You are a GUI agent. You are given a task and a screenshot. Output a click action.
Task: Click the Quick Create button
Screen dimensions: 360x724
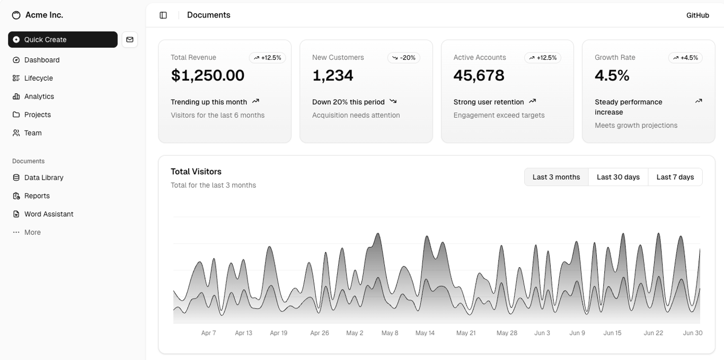(x=63, y=40)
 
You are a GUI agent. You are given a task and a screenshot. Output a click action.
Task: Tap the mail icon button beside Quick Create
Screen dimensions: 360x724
(x=130, y=40)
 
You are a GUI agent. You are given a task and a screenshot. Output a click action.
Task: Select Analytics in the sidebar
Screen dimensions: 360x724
(x=39, y=96)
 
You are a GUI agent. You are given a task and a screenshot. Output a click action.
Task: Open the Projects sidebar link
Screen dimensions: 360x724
(x=37, y=115)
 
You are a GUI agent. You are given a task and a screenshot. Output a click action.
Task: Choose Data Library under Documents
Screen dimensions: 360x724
(x=43, y=178)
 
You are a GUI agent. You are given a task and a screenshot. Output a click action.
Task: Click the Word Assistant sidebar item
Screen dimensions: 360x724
(x=48, y=214)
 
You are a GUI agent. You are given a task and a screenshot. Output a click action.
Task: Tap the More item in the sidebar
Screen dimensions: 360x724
(x=32, y=232)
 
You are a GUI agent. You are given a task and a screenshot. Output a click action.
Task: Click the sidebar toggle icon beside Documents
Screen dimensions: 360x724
(x=163, y=15)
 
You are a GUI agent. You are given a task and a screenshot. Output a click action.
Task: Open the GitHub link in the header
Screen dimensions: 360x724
(x=697, y=15)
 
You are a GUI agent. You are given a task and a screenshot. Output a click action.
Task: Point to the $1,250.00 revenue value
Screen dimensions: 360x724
(x=208, y=75)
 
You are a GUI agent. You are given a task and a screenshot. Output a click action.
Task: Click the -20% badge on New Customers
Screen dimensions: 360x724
(x=404, y=58)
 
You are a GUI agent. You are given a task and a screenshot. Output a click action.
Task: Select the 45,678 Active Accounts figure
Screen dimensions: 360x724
(x=479, y=75)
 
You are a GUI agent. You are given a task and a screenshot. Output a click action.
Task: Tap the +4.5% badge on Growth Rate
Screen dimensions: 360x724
(x=685, y=58)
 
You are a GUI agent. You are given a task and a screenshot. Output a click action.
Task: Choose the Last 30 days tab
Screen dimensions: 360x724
(x=618, y=177)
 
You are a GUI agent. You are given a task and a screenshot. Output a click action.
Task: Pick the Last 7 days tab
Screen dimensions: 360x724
(x=675, y=177)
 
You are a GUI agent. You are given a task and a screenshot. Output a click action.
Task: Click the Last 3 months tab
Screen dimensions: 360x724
(x=556, y=177)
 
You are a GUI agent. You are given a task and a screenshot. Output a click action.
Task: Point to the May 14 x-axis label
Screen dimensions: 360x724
(x=425, y=333)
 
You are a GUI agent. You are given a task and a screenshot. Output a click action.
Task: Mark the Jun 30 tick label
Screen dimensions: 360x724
(x=692, y=333)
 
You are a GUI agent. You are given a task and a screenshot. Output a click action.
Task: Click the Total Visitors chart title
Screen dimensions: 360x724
(x=196, y=172)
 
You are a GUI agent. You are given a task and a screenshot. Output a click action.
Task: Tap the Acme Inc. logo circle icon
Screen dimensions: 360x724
(x=16, y=15)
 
